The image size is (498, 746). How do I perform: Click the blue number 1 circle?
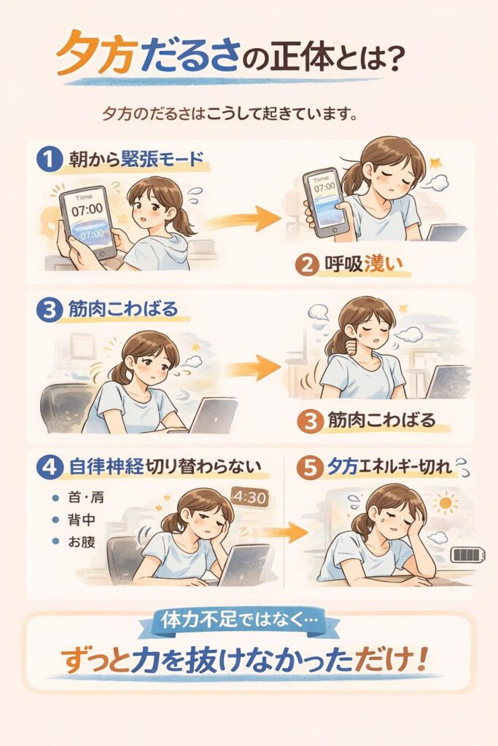50,159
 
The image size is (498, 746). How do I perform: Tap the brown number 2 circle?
307,264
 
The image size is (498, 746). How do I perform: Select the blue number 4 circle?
50,466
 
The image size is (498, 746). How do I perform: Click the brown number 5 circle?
309,468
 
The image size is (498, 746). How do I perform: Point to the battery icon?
469,554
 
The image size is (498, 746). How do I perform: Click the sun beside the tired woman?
446,503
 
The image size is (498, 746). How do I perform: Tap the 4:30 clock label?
249,498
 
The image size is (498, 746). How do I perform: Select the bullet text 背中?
82,519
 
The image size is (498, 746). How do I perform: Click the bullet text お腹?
82,541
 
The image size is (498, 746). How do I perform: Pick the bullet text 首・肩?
86,498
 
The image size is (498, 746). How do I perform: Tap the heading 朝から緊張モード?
136,158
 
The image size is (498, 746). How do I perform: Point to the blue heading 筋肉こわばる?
122,309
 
